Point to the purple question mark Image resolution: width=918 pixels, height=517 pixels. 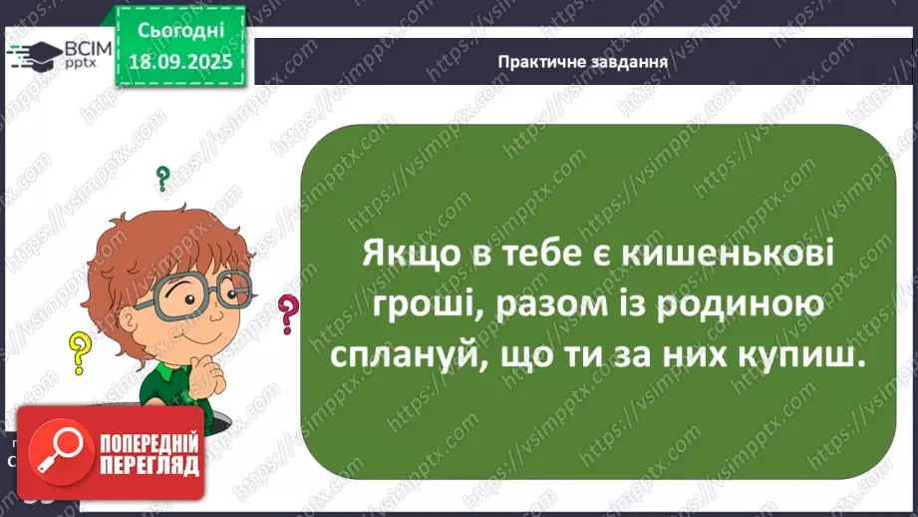coord(288,314)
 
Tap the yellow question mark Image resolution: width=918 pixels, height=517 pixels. coord(79,352)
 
